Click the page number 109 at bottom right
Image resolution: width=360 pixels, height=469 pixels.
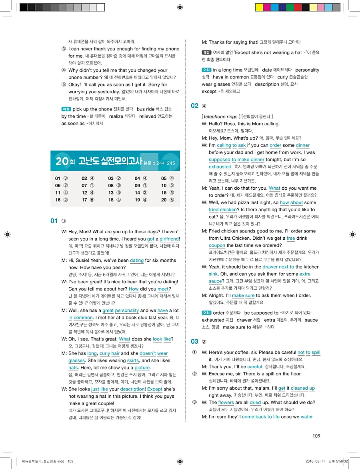tap(316, 436)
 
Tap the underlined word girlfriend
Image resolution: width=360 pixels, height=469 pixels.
tap(170, 239)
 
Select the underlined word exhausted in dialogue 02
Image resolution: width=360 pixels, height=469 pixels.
tap(220, 167)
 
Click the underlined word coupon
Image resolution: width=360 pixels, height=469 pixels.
tap(217, 245)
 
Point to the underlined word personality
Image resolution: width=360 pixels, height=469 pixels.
tap(126, 311)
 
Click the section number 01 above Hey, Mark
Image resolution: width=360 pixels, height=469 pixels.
tap(54, 221)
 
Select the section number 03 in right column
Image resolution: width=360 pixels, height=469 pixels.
tap(195, 341)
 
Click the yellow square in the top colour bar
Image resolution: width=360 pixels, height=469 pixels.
tap(259, 7)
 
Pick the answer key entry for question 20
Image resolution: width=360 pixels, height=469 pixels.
tap(168, 200)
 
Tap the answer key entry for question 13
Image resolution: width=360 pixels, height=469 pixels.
tap(114, 192)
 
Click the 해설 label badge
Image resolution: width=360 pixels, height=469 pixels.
tap(206, 52)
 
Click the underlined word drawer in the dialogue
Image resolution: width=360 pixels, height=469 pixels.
tap(270, 267)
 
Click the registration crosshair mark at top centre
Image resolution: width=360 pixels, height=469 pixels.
tap(180, 7)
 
